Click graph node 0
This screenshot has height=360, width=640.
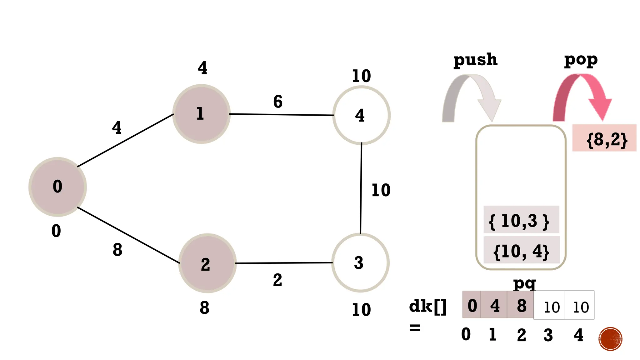pos(57,187)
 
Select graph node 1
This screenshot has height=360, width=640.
pos(202,114)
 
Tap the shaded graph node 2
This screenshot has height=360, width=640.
pos(207,263)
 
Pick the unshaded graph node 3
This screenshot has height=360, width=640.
pos(360,262)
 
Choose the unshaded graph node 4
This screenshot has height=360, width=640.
pos(361,115)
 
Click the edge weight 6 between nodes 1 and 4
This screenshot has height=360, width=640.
pos(278,102)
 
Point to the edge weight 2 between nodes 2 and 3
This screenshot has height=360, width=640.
pos(277,280)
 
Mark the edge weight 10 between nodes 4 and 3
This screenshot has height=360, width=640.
pos(381,190)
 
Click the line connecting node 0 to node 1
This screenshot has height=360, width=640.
pos(125,141)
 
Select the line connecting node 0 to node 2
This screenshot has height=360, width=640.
pos(128,235)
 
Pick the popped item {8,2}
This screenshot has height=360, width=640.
pos(604,138)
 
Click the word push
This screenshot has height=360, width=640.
pos(475,59)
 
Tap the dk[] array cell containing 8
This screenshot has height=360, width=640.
pos(521,305)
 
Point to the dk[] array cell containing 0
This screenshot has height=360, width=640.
pos(472,305)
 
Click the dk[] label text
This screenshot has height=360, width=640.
pos(428,306)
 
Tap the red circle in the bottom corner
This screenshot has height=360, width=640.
pos(610,339)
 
